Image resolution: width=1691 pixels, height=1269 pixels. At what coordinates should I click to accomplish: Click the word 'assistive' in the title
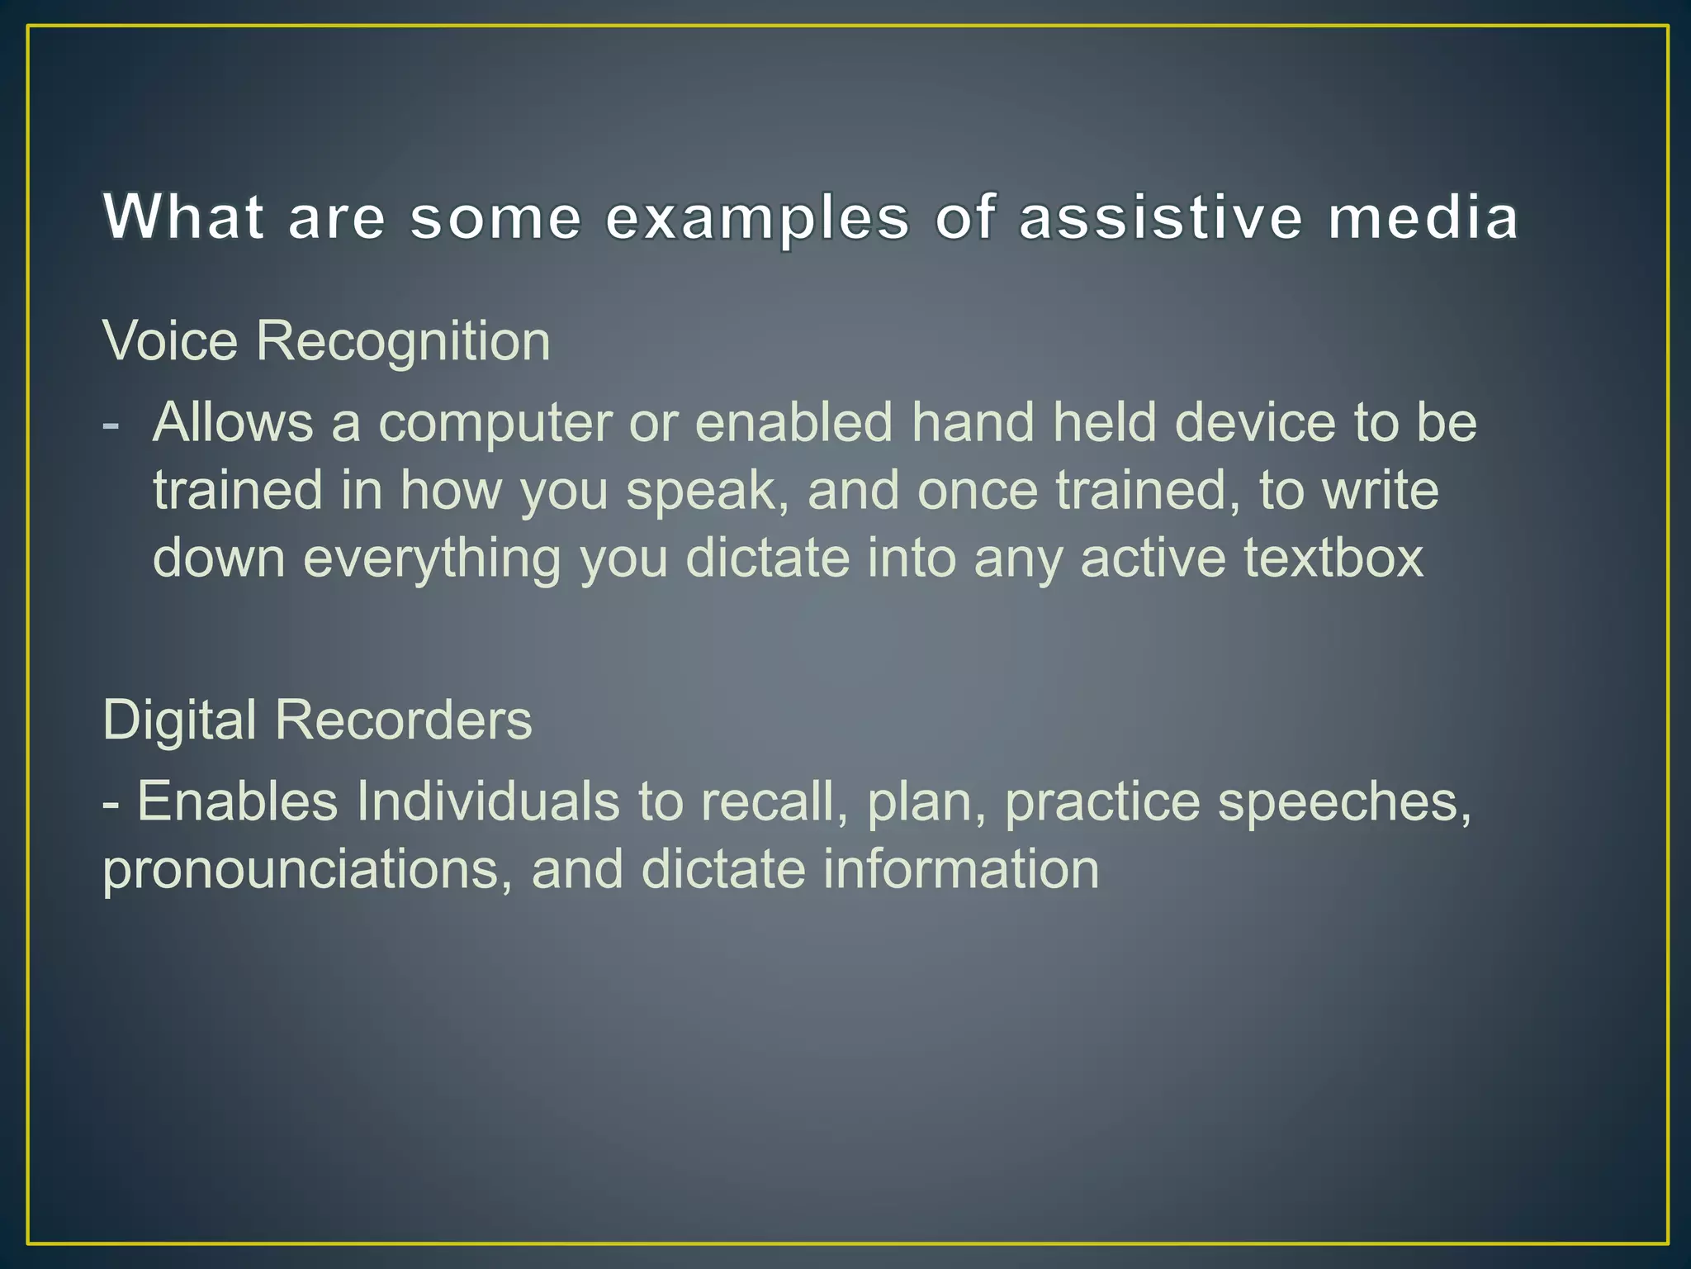tap(1161, 217)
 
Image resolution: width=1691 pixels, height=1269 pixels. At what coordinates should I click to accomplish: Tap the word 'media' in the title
tap(1423, 217)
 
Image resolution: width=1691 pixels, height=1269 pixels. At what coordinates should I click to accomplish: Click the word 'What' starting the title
tap(183, 217)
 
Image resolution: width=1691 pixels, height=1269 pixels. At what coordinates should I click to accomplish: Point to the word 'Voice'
tap(170, 340)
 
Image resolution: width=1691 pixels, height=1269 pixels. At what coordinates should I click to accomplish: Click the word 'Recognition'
tap(403, 342)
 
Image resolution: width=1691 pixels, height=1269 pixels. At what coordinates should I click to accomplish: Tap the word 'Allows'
tap(233, 422)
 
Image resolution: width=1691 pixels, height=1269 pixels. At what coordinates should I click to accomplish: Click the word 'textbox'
tap(1333, 558)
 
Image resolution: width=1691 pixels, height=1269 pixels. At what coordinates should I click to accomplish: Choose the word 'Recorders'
tap(403, 720)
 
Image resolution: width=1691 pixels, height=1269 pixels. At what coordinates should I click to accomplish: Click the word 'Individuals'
tap(487, 801)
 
